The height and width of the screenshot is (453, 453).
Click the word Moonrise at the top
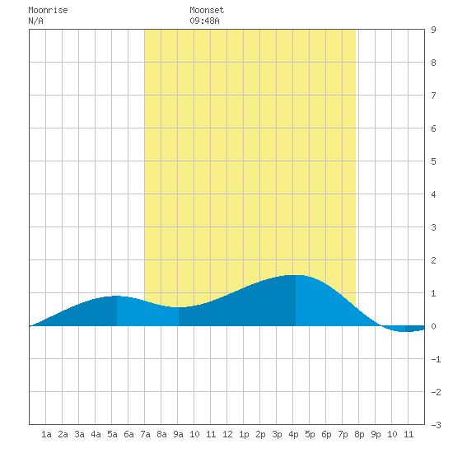[48, 10]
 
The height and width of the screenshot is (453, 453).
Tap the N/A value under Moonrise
[35, 21]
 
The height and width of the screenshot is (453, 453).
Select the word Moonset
[207, 10]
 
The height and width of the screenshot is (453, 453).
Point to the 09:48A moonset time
[204, 21]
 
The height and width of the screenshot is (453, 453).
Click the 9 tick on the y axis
[433, 30]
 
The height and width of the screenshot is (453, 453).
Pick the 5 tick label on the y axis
[433, 161]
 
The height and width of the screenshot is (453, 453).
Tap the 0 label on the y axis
[433, 326]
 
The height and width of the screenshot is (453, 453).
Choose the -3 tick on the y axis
[436, 425]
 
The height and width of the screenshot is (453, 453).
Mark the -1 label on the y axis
[436, 359]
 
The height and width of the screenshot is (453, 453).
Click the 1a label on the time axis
[46, 434]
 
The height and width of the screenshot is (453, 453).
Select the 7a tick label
[145, 434]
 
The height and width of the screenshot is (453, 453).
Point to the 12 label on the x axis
[227, 434]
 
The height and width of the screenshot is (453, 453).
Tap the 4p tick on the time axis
[293, 434]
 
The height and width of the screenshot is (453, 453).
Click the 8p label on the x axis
[359, 434]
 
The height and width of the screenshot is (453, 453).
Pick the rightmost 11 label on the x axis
[409, 434]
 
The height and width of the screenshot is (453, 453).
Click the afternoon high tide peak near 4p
[296, 275]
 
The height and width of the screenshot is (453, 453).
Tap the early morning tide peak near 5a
[116, 297]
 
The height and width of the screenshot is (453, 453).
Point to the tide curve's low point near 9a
[179, 307]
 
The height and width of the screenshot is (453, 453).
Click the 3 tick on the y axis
[433, 227]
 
